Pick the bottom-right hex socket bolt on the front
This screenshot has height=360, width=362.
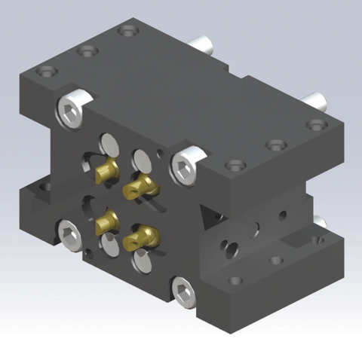point(182,291)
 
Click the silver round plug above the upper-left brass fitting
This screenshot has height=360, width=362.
point(109,144)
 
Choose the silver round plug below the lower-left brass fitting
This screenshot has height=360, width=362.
point(110,246)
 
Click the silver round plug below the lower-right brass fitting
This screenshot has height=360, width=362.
point(142,261)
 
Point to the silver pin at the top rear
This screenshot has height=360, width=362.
point(203,44)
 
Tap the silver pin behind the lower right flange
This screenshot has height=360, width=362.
point(319,223)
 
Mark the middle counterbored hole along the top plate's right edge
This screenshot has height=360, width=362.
point(275,143)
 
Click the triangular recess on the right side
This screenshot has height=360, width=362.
point(212,218)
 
